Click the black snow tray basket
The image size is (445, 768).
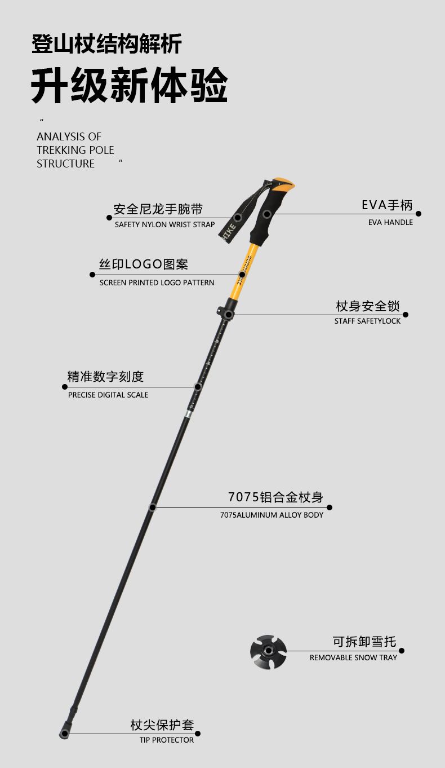pos(268,652)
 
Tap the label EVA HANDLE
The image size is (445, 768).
pos(390,222)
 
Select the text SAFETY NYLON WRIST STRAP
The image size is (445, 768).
pos(164,224)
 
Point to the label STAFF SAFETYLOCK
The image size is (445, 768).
pos(367,321)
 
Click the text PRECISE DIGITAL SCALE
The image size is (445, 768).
pos(108,395)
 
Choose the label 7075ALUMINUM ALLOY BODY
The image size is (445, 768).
pos(272,515)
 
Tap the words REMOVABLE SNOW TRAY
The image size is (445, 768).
pos(353,657)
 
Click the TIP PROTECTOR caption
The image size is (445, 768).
pos(167,740)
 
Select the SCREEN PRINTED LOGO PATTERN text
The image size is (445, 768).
pos(157,283)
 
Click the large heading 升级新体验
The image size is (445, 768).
pos(129,86)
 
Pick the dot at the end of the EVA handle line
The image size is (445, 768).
pos(419,214)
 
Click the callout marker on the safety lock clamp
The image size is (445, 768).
pos(228,315)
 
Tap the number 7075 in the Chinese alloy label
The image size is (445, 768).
pos(243,497)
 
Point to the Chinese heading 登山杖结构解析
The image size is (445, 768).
pos(106,44)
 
